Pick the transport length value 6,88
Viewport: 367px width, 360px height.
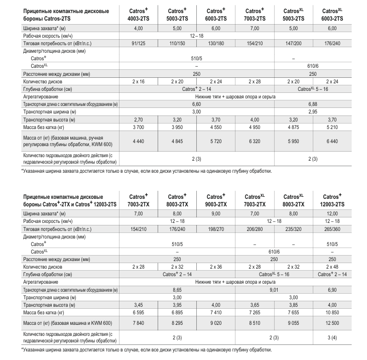pyautogui.click(x=312, y=103)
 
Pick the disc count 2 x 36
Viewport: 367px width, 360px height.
pyautogui.click(x=216, y=267)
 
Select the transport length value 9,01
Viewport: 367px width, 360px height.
pyautogui.click(x=274, y=289)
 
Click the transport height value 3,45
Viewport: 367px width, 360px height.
pyautogui.click(x=139, y=304)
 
